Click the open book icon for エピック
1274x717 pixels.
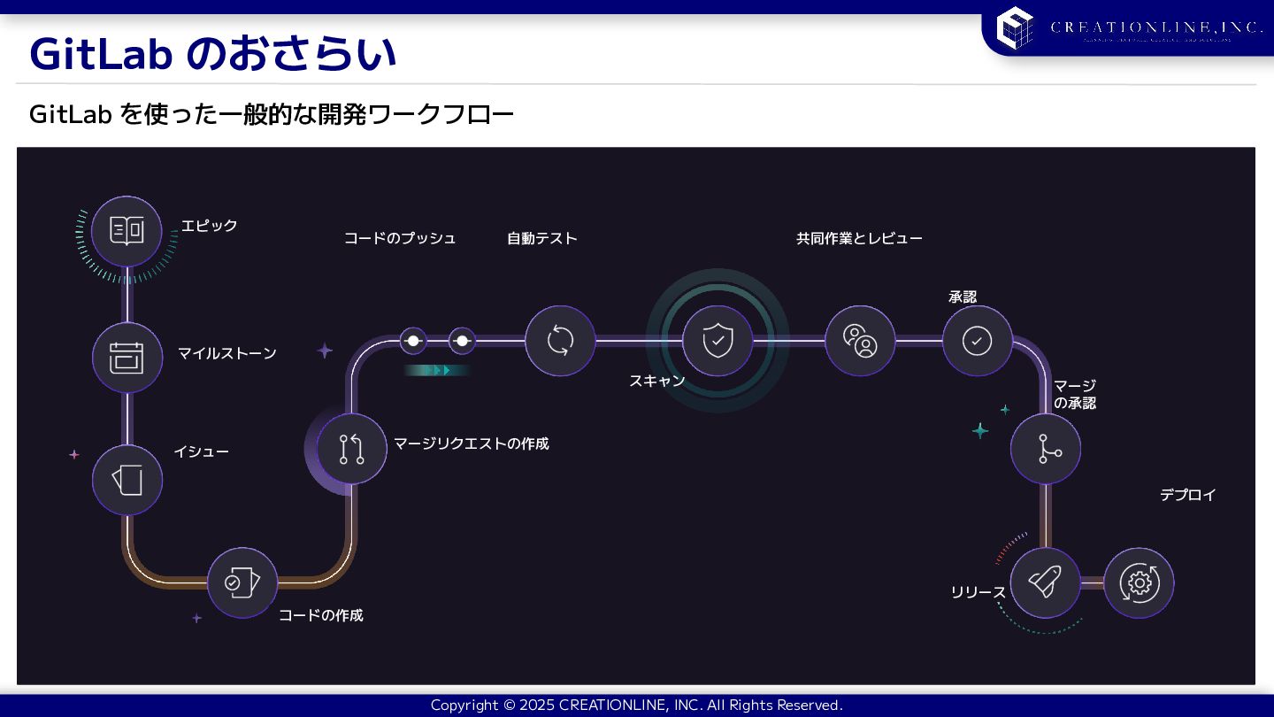point(127,231)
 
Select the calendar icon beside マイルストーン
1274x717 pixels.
point(127,357)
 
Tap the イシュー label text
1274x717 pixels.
point(201,452)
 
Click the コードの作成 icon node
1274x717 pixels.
point(242,582)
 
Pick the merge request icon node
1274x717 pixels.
point(351,449)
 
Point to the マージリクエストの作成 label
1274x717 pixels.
point(471,443)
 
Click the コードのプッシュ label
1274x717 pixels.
point(400,238)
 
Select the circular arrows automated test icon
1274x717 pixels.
point(560,340)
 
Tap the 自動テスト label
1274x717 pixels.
point(541,238)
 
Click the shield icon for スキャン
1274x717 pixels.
point(717,340)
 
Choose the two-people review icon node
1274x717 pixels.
point(860,340)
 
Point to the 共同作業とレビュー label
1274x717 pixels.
point(859,238)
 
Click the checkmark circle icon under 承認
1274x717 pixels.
point(977,341)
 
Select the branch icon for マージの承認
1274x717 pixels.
point(1046,449)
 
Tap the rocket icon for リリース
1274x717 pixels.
point(1045,582)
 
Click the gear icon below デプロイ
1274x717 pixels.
point(1139,582)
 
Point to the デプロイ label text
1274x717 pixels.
point(1187,495)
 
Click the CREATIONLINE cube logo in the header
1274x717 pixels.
point(1015,27)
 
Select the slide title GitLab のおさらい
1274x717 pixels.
point(212,54)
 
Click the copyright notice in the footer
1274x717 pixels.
point(636,705)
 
